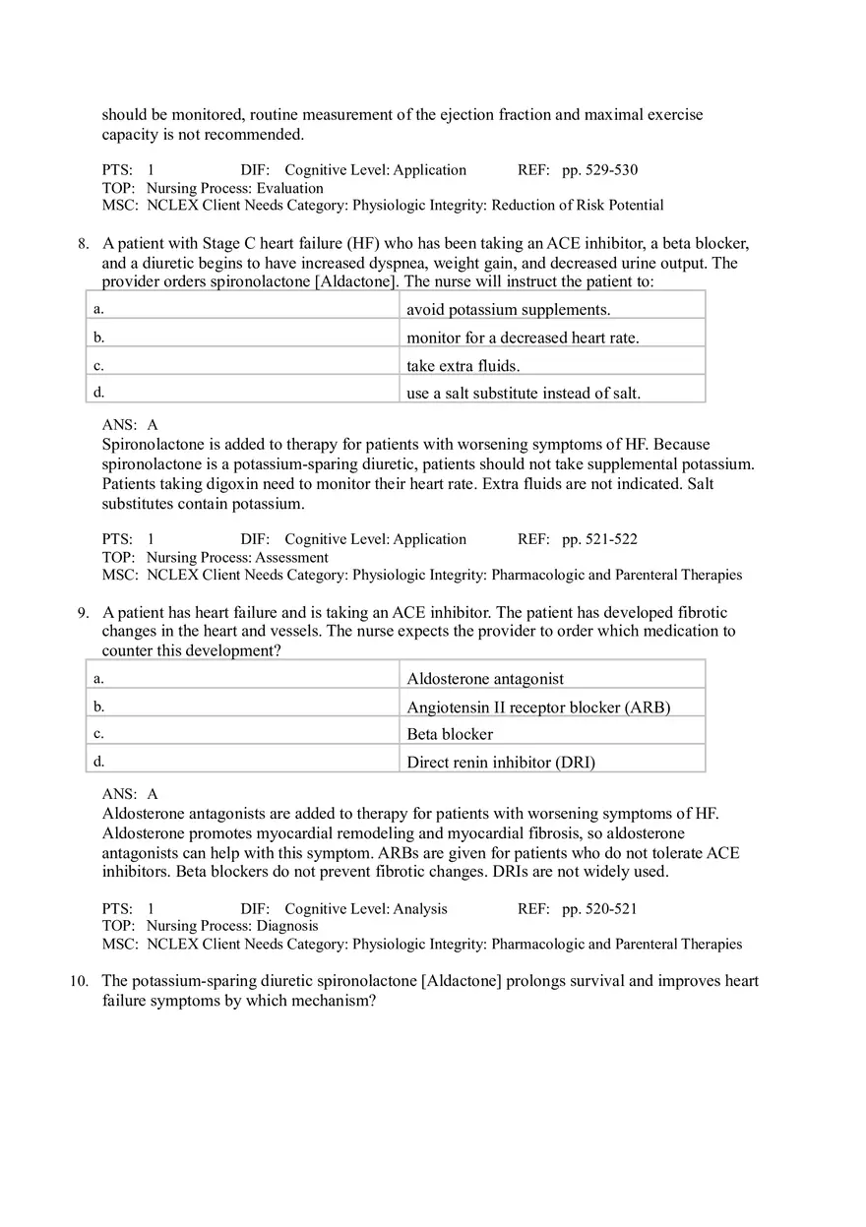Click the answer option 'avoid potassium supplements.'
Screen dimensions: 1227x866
click(x=508, y=310)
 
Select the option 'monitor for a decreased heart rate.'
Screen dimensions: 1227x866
click(x=523, y=337)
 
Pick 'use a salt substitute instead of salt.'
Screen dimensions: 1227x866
click(x=524, y=394)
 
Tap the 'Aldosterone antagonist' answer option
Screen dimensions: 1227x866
click(x=485, y=679)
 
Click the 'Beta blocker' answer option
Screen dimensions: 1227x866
click(x=450, y=734)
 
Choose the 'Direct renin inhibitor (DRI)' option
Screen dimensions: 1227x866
click(x=501, y=762)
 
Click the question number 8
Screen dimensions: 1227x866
click(x=84, y=244)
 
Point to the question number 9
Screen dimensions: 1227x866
click(x=84, y=613)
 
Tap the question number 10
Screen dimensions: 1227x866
click(x=79, y=981)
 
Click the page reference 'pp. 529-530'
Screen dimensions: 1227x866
click(x=599, y=170)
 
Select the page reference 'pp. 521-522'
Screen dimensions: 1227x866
click(x=599, y=539)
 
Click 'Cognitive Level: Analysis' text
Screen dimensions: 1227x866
click(x=365, y=909)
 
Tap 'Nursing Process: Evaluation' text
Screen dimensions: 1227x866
click(x=234, y=188)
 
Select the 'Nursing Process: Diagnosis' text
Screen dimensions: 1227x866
click(x=232, y=926)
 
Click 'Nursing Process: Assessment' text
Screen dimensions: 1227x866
click(x=237, y=557)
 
